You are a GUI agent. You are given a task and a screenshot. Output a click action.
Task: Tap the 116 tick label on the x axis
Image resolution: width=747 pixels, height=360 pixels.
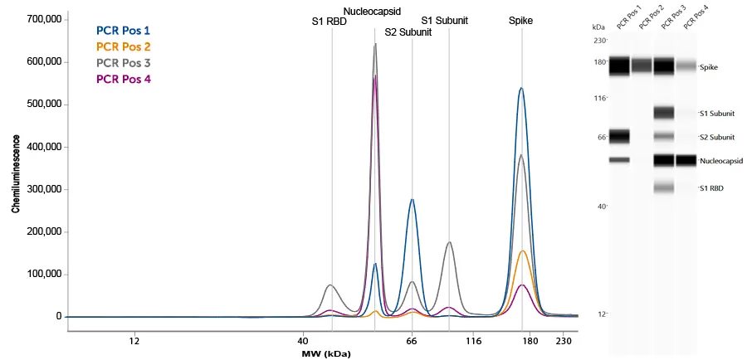473,340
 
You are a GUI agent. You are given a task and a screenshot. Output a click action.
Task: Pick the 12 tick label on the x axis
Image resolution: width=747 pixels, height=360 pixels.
134,340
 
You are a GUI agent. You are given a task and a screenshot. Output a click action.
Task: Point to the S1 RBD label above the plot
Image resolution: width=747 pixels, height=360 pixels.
329,22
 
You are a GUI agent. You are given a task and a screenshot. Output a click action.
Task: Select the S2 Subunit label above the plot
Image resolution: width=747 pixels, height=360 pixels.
408,33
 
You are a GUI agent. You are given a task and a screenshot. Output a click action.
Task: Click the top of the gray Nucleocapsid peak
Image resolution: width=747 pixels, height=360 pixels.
375,45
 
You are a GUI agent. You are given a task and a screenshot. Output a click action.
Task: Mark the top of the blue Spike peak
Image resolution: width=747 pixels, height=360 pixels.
521,88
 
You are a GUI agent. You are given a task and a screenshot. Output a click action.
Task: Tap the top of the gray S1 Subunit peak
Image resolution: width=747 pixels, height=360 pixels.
449,242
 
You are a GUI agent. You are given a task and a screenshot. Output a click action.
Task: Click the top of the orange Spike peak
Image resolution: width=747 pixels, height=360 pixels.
523,251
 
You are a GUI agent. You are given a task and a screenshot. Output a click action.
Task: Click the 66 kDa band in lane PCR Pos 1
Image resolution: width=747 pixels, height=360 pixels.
619,136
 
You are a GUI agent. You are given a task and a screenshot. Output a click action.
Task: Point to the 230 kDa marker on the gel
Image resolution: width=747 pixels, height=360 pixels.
600,40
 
